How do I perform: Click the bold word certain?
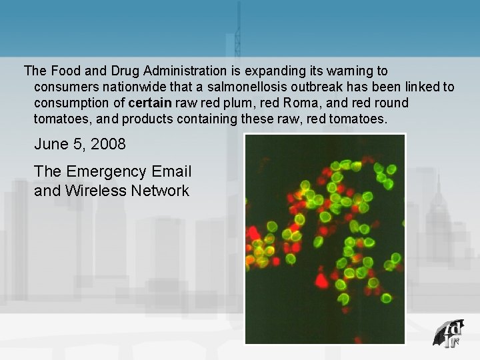[150, 103]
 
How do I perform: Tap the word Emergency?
[105, 171]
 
